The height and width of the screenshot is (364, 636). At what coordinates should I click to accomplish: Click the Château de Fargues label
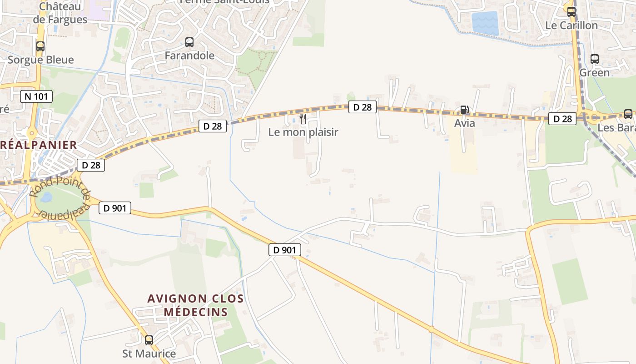60,13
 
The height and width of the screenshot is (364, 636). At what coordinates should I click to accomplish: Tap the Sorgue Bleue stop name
40,60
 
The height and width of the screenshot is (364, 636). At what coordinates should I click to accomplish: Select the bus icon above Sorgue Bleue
40,46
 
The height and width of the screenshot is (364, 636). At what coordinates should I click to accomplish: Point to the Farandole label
189,56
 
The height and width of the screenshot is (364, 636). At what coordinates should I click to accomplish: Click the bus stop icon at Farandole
189,42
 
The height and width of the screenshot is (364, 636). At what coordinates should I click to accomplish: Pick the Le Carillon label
571,25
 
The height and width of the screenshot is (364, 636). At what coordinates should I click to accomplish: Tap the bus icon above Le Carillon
571,12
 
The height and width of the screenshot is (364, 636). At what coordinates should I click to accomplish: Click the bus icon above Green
594,59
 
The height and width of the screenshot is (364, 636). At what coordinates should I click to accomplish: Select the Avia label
465,123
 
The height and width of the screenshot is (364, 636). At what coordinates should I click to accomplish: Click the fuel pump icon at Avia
464,110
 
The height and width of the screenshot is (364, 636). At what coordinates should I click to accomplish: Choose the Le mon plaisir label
303,132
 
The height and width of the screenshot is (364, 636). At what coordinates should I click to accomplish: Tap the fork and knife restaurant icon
303,119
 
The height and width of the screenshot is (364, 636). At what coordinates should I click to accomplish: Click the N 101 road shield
36,96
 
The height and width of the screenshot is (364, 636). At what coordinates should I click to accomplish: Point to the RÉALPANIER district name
39,145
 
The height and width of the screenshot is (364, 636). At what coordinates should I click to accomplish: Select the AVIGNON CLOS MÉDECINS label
195,305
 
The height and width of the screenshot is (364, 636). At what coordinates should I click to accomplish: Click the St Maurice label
149,354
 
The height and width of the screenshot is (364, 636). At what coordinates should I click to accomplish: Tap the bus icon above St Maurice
149,340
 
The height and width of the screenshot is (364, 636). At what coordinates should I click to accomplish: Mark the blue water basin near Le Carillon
485,23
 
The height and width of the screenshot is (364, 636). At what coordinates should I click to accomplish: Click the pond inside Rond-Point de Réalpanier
47,197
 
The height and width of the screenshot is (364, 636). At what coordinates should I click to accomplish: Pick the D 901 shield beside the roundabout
115,208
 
